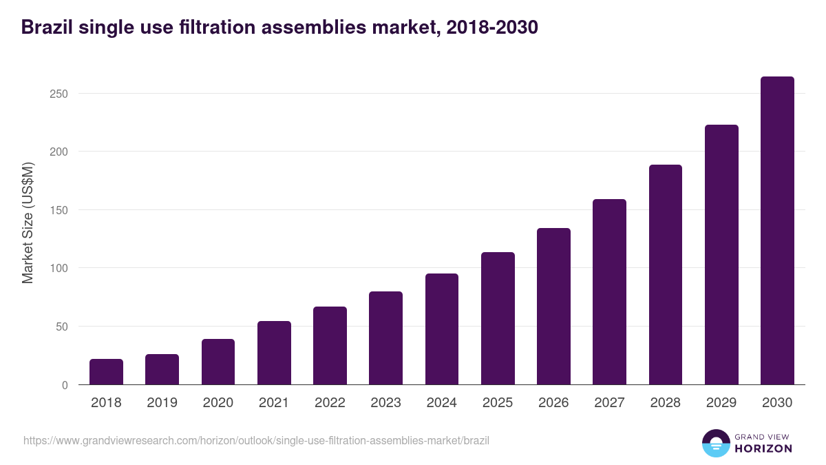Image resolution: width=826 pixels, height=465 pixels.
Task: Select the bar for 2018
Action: coord(106,372)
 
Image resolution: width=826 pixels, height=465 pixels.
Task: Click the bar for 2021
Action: coord(274,353)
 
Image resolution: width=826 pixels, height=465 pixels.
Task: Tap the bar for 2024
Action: coord(442,329)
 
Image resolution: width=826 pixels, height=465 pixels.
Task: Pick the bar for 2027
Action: coord(610,292)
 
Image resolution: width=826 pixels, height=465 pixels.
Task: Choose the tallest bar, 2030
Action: coord(777,231)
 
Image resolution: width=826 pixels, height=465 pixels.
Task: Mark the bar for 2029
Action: coord(721,255)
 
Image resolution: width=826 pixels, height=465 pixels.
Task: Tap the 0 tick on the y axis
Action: coord(65,385)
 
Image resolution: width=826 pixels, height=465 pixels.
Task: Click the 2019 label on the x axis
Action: coord(162,403)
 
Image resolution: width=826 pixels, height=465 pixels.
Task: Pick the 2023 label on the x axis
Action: coord(385,403)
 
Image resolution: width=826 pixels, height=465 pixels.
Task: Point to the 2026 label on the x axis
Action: coord(553,403)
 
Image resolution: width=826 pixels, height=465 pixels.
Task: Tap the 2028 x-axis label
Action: coord(666,403)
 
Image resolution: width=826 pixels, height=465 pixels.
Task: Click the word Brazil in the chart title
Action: coord(47,28)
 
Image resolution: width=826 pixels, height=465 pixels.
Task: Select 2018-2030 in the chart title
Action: coord(491,28)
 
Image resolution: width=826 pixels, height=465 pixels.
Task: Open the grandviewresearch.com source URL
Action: coord(256,440)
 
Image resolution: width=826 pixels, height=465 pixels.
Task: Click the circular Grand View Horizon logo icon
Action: coord(715,443)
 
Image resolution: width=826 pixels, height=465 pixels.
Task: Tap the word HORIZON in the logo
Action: coord(763,448)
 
